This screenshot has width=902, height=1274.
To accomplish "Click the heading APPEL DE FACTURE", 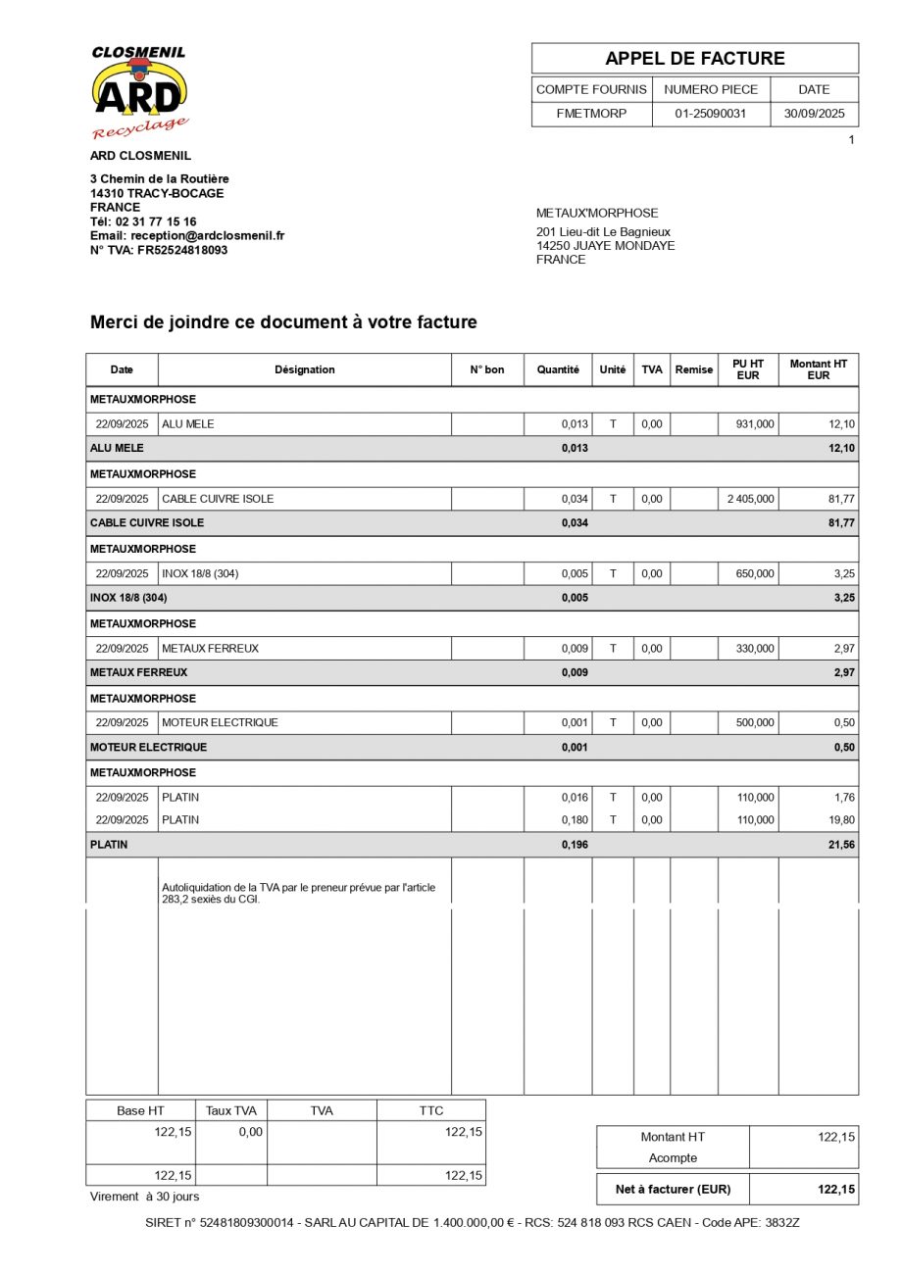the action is [694, 58].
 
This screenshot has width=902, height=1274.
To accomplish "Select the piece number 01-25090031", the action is [711, 114].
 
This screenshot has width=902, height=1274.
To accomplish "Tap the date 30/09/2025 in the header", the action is [814, 114].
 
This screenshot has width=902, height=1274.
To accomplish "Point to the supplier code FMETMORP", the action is [591, 114].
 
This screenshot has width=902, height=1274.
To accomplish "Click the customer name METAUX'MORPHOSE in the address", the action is [597, 213].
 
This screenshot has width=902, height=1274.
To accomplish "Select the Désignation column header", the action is [304, 369].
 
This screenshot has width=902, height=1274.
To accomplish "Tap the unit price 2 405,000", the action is [750, 499].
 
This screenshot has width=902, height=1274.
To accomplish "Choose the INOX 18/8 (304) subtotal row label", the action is [128, 598].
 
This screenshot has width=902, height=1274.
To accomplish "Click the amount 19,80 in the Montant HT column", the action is [841, 820].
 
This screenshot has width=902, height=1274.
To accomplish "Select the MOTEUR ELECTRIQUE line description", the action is [220, 722].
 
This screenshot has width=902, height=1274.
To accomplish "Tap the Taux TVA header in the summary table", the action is [230, 1110].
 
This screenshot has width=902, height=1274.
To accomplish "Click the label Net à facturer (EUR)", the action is [673, 1189].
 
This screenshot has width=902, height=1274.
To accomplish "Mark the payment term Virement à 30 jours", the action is [144, 1197].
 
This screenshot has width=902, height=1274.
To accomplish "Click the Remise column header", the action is [693, 369].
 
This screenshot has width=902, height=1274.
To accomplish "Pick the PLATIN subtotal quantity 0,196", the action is [575, 845].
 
